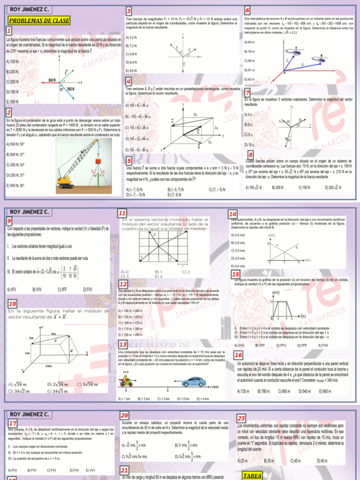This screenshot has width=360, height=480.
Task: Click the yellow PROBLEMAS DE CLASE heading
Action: (x=39, y=21)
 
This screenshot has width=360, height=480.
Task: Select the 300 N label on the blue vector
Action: (x=71, y=89)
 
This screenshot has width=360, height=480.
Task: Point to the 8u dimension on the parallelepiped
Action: (x=195, y=114)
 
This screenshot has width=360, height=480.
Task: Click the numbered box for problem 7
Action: (x=248, y=92)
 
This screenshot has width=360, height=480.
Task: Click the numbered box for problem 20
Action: (x=125, y=416)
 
